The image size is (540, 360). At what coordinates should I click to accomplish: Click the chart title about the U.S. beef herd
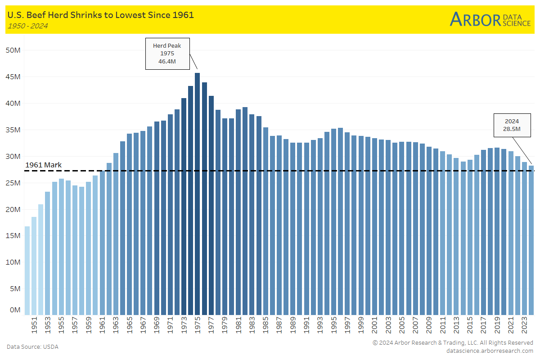click(x=100, y=15)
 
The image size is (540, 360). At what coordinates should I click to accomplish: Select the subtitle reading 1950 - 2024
click(x=27, y=26)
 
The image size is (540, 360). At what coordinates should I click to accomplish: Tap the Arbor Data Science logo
click(x=490, y=19)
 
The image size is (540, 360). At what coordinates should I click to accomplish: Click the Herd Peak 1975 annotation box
click(x=167, y=54)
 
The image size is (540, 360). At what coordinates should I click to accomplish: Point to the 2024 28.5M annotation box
click(x=512, y=125)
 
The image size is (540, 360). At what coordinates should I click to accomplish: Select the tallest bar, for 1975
click(x=197, y=193)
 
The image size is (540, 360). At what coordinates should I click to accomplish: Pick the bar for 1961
click(x=102, y=243)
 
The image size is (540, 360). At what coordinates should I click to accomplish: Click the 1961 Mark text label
click(x=43, y=165)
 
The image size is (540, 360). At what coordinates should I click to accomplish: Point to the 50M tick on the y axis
click(x=13, y=50)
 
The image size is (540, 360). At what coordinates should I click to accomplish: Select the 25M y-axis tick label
click(x=13, y=183)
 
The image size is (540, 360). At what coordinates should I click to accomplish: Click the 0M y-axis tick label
click(x=15, y=310)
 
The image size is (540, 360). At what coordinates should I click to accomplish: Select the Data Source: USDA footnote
click(x=32, y=347)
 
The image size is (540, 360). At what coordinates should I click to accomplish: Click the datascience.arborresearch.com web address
click(x=490, y=351)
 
